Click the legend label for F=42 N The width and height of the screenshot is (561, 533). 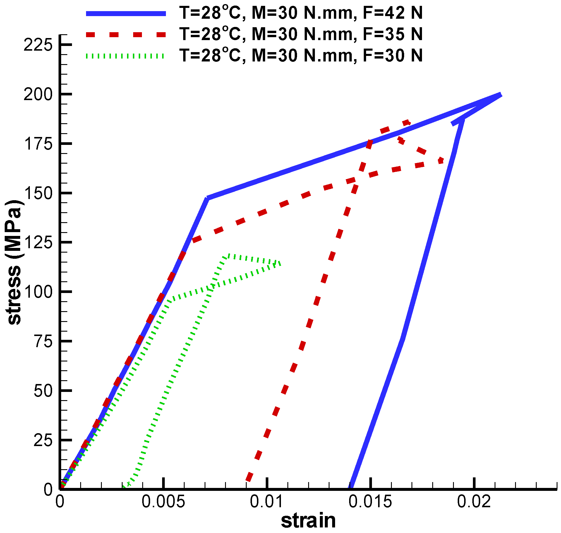(x=301, y=13)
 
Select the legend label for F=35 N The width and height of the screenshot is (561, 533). (x=301, y=34)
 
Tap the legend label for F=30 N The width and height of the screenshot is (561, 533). (x=301, y=55)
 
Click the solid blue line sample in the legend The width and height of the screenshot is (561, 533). (x=126, y=13)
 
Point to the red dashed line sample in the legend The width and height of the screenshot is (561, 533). (x=126, y=35)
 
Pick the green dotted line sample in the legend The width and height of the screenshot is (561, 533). (x=126, y=56)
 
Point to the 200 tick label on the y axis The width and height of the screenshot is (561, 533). (x=38, y=94)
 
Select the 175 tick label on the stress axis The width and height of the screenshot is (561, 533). (x=38, y=144)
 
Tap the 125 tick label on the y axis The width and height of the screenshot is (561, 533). (x=38, y=242)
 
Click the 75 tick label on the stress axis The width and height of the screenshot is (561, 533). (x=43, y=341)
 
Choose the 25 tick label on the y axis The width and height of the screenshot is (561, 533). (x=43, y=440)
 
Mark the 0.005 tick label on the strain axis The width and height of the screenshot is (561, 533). (x=163, y=502)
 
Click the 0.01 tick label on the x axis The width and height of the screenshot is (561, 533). (x=266, y=502)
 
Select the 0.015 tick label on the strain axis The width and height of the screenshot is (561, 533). (x=370, y=502)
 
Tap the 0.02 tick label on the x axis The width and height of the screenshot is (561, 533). (x=474, y=502)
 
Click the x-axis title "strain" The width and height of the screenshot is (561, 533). (x=308, y=521)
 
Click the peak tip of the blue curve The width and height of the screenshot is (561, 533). (x=501, y=95)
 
